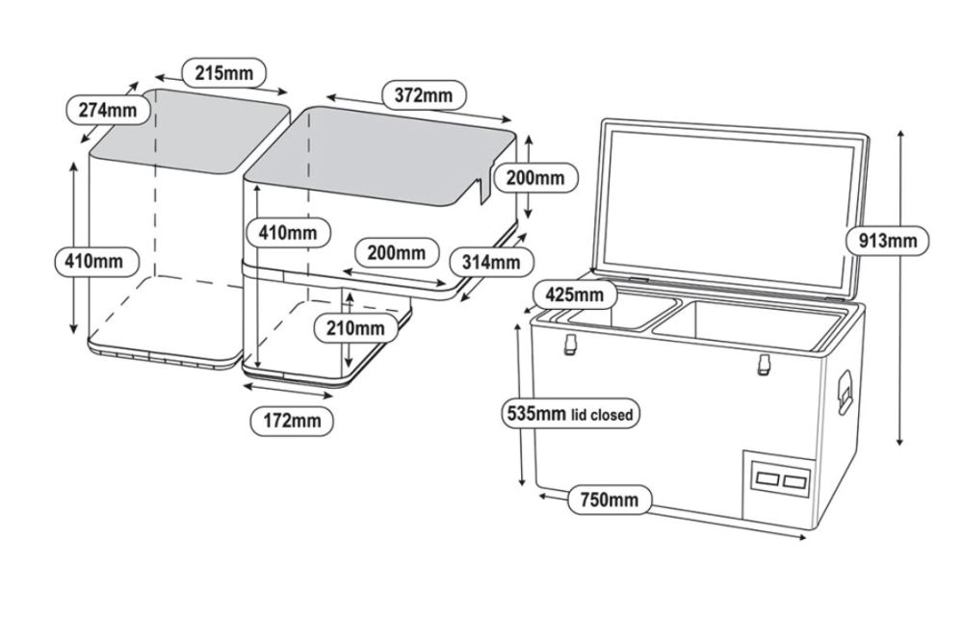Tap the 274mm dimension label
click(x=107, y=110)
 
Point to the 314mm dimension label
click(x=485, y=261)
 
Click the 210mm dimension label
click(x=354, y=328)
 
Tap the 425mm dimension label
click(x=574, y=294)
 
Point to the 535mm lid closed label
click(x=570, y=415)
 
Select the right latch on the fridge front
click(x=764, y=362)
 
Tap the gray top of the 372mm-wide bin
click(x=385, y=154)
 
